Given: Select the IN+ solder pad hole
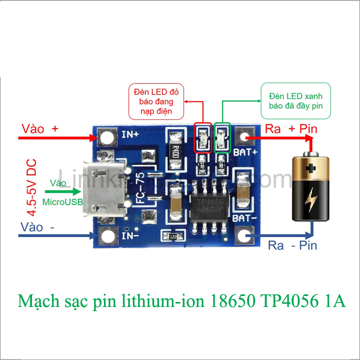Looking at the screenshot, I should (x=106, y=136).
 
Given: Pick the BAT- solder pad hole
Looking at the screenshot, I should (x=244, y=235).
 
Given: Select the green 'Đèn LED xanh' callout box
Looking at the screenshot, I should (x=296, y=100).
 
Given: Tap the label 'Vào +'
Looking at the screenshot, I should (x=40, y=128).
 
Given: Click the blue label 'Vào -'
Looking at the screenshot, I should (x=38, y=227).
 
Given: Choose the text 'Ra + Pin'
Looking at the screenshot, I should (x=291, y=128).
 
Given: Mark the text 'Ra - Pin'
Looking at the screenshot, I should (x=292, y=245).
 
